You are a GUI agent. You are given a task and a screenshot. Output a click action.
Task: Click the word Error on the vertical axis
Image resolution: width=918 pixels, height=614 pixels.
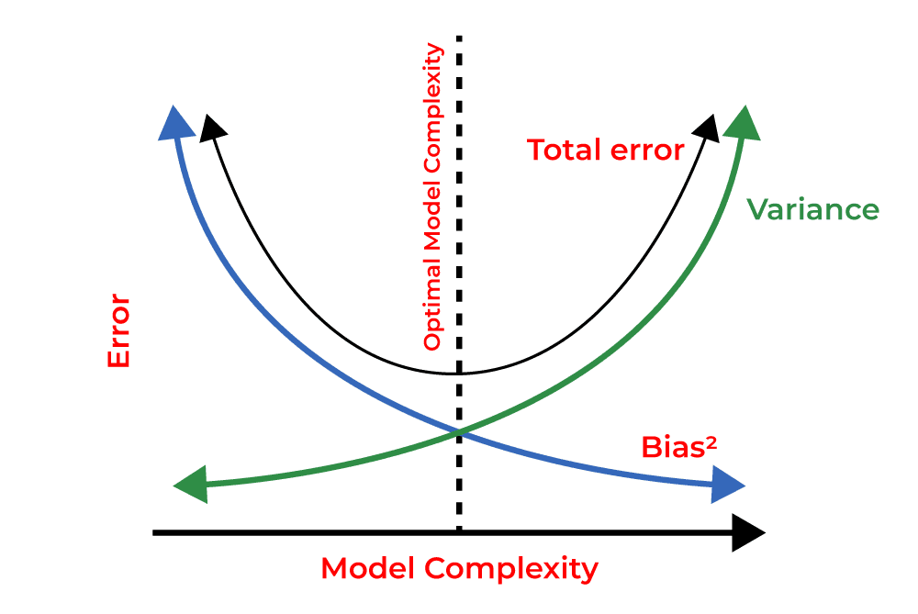coord(119,332)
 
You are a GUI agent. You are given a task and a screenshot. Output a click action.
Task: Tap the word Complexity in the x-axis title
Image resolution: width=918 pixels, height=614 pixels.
coord(511,569)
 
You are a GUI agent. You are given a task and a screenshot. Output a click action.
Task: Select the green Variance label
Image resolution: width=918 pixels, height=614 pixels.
coord(812,209)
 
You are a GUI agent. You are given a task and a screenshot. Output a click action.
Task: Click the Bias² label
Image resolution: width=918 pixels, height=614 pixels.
coord(679,447)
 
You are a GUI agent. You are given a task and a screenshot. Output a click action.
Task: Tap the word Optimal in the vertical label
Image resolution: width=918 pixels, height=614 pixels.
coord(432,312)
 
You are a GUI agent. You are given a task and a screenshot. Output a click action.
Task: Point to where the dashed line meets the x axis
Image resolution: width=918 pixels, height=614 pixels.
coord(458,532)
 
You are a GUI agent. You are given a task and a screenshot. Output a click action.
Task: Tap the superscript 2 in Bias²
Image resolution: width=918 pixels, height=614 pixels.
coord(711,441)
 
